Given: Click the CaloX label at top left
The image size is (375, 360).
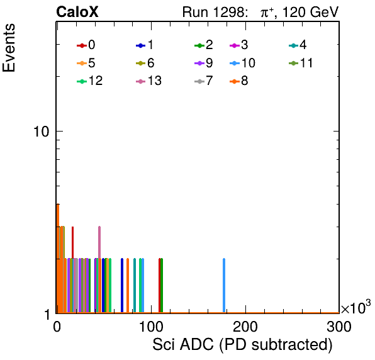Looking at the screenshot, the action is [77, 12].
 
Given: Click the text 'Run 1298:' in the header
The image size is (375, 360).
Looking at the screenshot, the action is [213, 12].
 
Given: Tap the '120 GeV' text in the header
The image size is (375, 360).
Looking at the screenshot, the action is [310, 12].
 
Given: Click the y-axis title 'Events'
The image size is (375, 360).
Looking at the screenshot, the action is [9, 48].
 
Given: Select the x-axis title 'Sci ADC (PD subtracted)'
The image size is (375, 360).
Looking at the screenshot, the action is [242, 345].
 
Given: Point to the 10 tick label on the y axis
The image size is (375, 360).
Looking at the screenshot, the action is [42, 132].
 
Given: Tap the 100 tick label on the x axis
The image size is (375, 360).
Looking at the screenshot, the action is [152, 327].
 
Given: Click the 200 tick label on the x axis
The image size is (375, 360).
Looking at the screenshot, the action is [245, 327].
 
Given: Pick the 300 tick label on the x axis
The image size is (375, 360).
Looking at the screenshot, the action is [339, 327].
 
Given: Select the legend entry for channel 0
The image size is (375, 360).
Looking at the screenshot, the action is [86, 45].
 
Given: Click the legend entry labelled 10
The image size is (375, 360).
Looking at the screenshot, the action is [242, 63].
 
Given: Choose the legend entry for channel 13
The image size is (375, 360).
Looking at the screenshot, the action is [148, 81].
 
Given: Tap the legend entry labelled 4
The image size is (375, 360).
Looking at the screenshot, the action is [298, 45].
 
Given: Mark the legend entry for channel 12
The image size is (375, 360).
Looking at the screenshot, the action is [90, 81].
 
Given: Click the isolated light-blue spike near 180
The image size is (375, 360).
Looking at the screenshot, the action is [224, 286].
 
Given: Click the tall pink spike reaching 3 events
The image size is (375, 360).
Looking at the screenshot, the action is [99, 269].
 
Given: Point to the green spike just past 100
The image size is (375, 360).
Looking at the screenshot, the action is [162, 286].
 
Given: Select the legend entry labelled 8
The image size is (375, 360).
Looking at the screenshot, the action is [239, 81].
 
